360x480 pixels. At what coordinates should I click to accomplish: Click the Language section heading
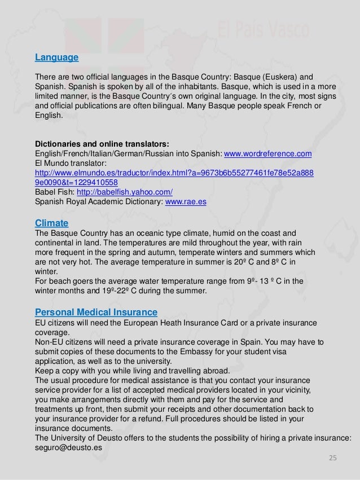tap(56, 58)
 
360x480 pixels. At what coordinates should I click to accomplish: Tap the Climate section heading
tap(51, 223)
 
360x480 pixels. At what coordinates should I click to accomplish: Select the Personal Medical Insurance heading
tap(96, 312)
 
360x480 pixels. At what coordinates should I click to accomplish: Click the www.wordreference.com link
tap(268, 154)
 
